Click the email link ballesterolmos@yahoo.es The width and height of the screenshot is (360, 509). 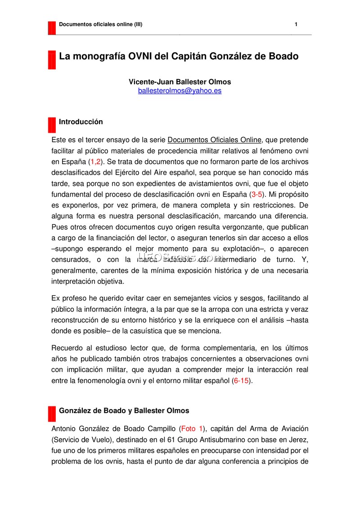pos(180,90)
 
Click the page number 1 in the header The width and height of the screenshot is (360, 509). pos(296,24)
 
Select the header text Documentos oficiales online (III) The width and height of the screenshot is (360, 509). pos(101,24)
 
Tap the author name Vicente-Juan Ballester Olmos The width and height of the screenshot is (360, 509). pos(180,82)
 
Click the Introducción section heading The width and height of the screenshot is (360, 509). pos(81,122)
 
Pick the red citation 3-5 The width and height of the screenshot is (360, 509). pos(258,194)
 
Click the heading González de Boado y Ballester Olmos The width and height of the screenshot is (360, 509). pos(124,410)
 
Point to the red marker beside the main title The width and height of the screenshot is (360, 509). pos(52,60)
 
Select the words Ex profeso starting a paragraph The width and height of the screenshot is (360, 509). pos(69,298)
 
